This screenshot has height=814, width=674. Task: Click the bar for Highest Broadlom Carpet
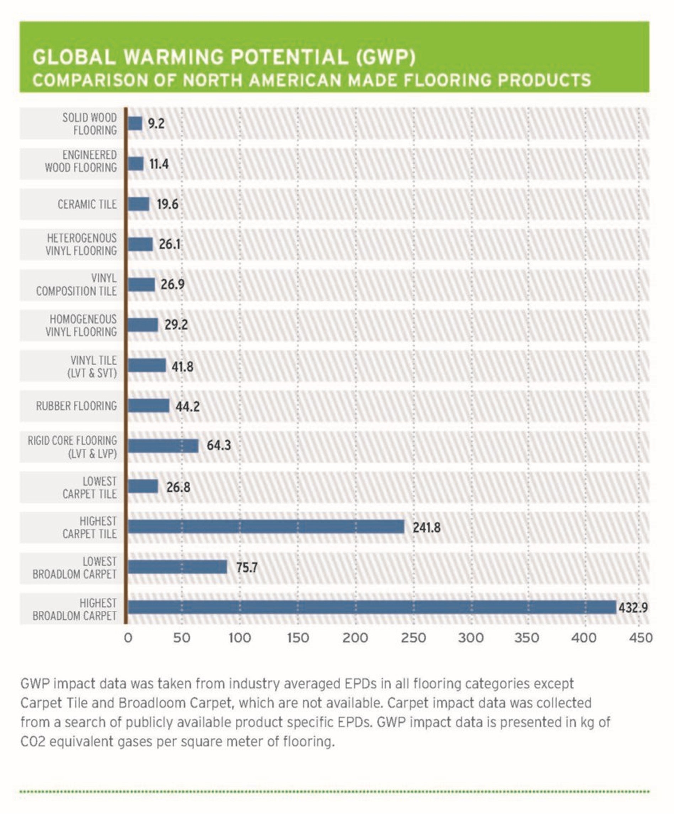pos(371,607)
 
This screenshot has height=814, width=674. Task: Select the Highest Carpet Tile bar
pos(266,527)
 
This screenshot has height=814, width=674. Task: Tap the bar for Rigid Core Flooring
pos(163,446)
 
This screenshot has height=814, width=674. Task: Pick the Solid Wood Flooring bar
pos(135,124)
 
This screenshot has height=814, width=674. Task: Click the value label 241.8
pos(426,528)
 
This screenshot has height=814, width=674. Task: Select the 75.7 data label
pos(247,567)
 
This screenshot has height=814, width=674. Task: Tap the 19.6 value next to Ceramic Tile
pos(167,204)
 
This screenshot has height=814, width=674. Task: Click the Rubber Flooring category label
pos(76,406)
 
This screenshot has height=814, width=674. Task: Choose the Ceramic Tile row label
pos(87,204)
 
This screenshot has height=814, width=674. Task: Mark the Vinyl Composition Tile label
pos(76,285)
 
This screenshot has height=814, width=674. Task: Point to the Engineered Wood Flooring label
pos(81,161)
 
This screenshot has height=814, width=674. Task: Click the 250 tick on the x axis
pos(413,638)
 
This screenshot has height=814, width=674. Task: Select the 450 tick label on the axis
pos(641,638)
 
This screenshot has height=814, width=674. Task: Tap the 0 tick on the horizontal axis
pos(128,638)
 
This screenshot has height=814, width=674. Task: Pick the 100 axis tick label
pos(240,638)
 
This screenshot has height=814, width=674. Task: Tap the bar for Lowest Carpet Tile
pos(143,486)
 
